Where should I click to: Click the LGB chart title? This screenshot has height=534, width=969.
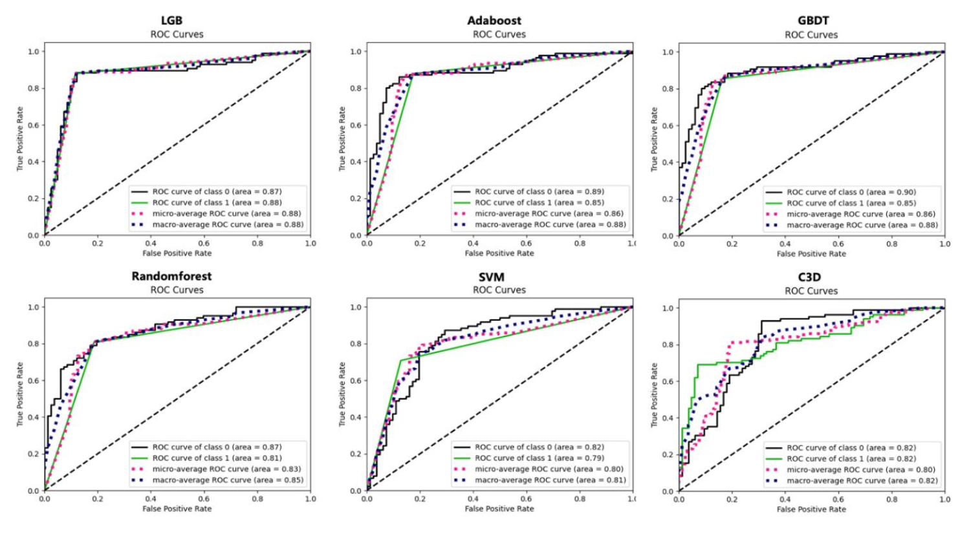pyautogui.click(x=171, y=21)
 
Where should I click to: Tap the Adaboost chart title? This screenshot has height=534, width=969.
pyautogui.click(x=494, y=21)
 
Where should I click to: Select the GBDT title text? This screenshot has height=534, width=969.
pyautogui.click(x=812, y=21)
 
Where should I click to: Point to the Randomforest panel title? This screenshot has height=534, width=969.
pyautogui.click(x=171, y=276)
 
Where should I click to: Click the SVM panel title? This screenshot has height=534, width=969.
pyautogui.click(x=492, y=277)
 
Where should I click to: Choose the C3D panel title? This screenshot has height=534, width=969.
pyautogui.click(x=809, y=277)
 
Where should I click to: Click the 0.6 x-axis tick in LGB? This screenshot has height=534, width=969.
pyautogui.click(x=204, y=244)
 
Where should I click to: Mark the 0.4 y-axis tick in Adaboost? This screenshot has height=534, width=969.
pyautogui.click(x=356, y=162)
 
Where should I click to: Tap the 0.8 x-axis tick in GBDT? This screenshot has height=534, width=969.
pyautogui.click(x=891, y=244)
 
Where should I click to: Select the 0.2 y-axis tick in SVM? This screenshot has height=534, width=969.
pyautogui.click(x=356, y=454)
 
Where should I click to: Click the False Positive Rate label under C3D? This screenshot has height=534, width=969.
pyautogui.click(x=811, y=509)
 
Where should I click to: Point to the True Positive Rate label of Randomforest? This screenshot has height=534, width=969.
pyautogui.click(x=20, y=394)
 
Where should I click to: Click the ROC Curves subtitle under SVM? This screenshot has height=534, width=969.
pyautogui.click(x=499, y=290)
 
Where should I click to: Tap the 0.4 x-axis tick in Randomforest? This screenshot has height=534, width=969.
pyautogui.click(x=151, y=499)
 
